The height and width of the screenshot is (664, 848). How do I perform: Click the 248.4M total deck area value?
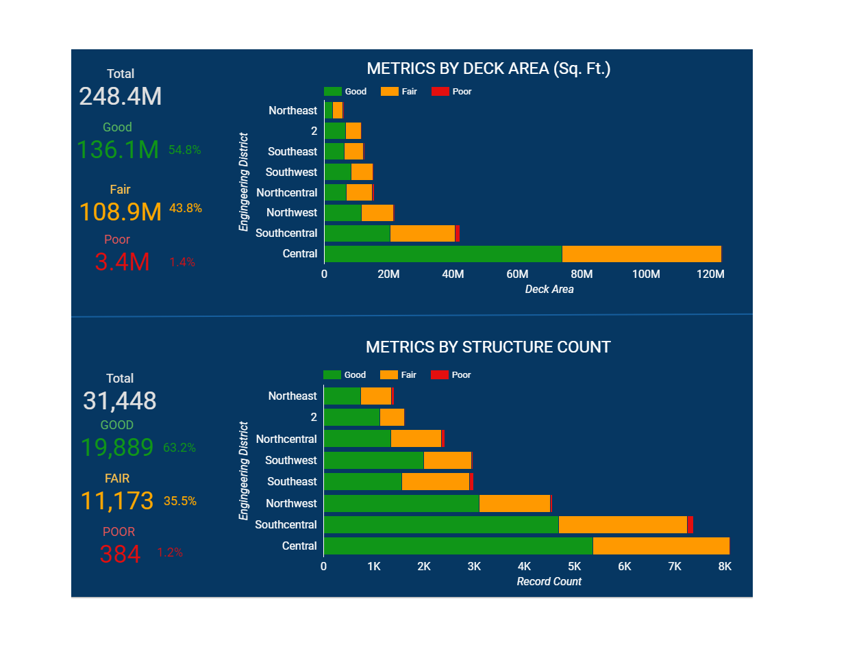[x=121, y=97]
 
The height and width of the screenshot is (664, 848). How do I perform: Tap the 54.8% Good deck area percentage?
[x=185, y=150]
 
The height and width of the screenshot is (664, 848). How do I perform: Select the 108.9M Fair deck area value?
[x=121, y=212]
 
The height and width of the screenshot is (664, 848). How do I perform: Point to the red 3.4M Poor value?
[x=122, y=262]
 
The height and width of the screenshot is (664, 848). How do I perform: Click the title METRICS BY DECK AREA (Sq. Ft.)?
[x=488, y=68]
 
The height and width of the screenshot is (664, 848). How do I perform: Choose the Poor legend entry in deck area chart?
[x=452, y=92]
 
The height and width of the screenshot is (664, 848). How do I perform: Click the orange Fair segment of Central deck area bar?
[x=641, y=254]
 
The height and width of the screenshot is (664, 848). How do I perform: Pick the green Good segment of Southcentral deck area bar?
[x=357, y=233]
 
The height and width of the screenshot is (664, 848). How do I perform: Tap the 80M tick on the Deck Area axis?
[x=582, y=274]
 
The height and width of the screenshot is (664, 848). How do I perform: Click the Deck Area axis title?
[x=549, y=290]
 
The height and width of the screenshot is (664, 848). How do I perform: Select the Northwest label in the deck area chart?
[x=292, y=213]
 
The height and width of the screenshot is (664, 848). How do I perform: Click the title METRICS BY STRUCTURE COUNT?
[x=488, y=347]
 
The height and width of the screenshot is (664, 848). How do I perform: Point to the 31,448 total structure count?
[x=120, y=401]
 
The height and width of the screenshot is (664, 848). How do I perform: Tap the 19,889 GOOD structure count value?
[x=117, y=448]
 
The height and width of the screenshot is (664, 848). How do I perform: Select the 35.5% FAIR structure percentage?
[x=180, y=501]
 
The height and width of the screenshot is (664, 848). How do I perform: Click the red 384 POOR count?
[x=120, y=554]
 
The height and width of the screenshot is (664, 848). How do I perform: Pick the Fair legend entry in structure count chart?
[x=399, y=375]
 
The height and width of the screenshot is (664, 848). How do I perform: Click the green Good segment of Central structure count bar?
[x=458, y=546]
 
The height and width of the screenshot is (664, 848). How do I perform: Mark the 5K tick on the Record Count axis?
[x=575, y=567]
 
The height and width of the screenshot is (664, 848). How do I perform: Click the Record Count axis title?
[x=549, y=582]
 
